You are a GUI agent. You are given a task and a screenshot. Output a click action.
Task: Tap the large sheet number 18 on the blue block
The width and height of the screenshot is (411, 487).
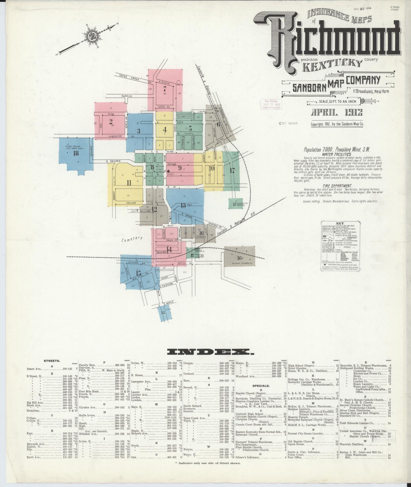coord(76,153)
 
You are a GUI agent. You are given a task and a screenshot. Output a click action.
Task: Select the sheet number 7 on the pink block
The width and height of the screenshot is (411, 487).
coord(165,89)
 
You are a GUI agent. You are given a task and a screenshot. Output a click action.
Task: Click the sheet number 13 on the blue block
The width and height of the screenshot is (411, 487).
coord(183,205)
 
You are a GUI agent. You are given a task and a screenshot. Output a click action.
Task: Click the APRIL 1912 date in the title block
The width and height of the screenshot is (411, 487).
coord(337,113)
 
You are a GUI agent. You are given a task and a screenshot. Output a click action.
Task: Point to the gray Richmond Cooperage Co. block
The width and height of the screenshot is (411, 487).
coord(239,256)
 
